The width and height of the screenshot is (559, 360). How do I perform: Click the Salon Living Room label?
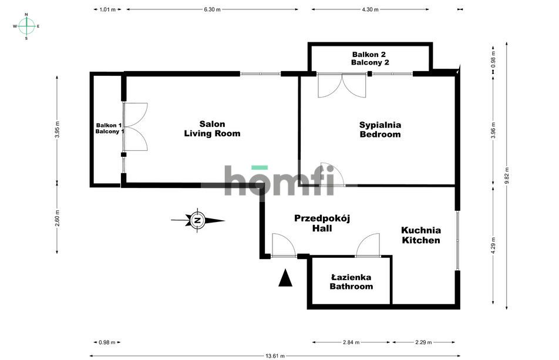(212, 129)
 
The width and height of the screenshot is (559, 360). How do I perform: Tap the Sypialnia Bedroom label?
(380, 129)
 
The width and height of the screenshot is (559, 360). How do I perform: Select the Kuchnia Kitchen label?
(420, 235)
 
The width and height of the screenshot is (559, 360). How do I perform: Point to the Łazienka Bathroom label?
(351, 282)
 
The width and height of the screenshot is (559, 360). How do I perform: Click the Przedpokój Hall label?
(322, 223)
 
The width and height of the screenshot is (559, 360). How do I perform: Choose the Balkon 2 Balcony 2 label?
(370, 58)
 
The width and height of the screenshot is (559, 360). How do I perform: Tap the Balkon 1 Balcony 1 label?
(110, 128)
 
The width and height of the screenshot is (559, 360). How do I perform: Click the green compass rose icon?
(26, 26)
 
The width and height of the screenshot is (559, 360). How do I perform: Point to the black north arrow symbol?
(198, 221)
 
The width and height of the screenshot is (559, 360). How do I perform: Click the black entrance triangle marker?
(285, 278)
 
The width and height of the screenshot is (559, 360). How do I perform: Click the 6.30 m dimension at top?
(213, 9)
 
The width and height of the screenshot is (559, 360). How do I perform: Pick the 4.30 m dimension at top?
(371, 9)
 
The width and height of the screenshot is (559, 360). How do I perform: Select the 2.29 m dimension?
(423, 342)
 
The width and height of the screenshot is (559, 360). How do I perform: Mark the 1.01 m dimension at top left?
(107, 9)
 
